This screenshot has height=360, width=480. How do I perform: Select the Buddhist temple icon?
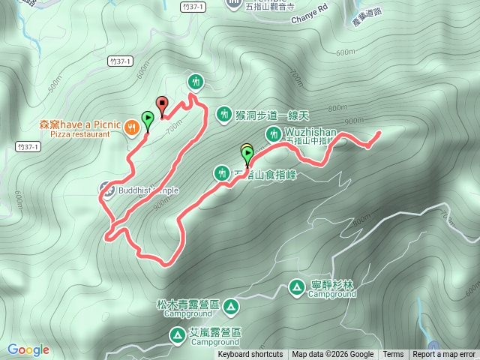[106, 190]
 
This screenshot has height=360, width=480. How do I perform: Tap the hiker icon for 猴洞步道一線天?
[223, 114]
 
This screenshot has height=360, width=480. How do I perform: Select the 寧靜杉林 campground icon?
[296, 286]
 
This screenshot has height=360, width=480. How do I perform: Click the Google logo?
[28, 349]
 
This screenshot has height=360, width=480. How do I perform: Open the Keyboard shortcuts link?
[250, 355]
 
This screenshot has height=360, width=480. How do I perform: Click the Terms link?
[393, 355]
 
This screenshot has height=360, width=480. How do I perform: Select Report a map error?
[444, 355]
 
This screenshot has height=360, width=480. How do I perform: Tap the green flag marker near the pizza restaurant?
[148, 120]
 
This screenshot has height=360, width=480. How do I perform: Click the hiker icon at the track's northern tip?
[196, 81]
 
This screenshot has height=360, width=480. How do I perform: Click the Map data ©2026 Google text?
[333, 355]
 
